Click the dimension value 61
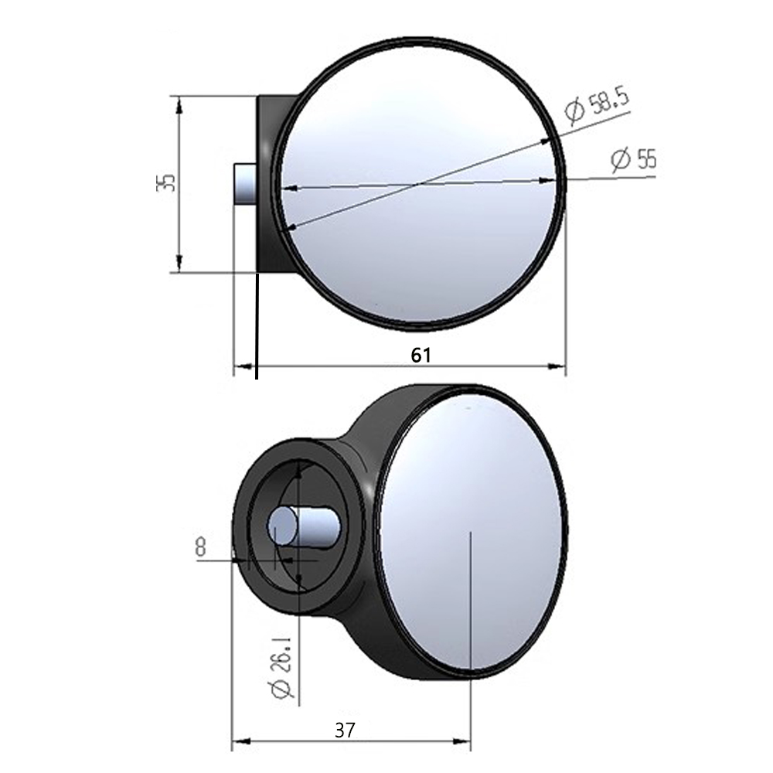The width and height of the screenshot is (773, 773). (421, 355)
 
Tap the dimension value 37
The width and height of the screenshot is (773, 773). (345, 730)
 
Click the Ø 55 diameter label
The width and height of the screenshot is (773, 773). (634, 159)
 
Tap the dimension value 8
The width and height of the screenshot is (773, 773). (200, 547)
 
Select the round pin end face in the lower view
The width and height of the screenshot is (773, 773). (282, 526)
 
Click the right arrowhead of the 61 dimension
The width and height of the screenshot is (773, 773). (557, 366)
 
